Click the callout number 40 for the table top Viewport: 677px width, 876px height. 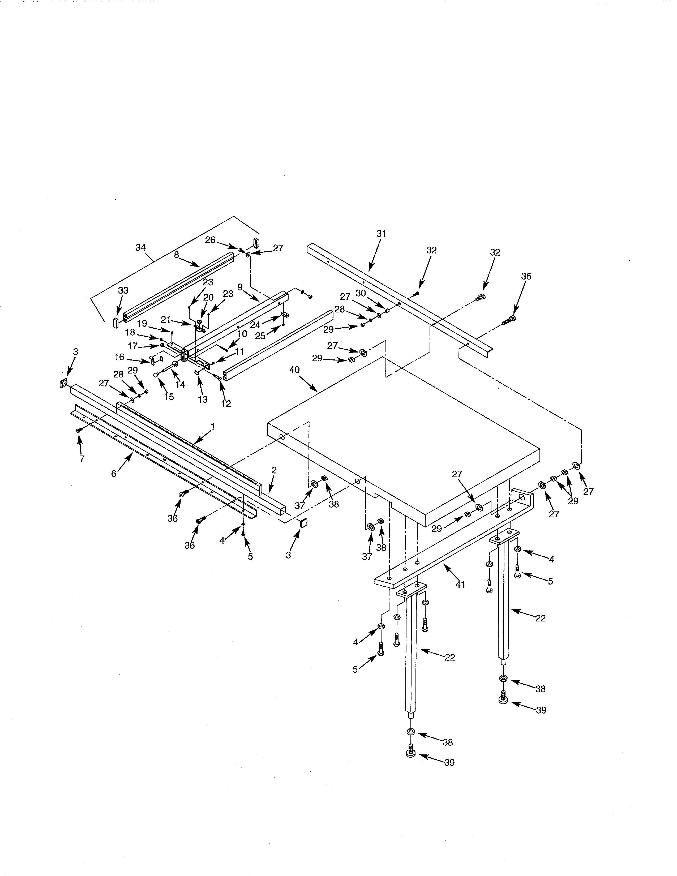[x=294, y=370]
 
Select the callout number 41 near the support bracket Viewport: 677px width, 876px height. [x=460, y=585]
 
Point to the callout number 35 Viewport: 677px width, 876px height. [x=526, y=276]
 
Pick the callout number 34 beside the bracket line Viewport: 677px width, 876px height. [x=140, y=247]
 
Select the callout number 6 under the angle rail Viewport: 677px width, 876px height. [x=114, y=474]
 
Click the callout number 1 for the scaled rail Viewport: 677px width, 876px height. [x=213, y=426]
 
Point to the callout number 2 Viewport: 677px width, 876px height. [x=274, y=470]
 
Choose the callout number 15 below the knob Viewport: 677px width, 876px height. [x=169, y=397]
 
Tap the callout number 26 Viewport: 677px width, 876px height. [x=210, y=240]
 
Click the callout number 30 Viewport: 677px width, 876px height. [x=361, y=293]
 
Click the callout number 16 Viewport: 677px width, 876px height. [x=119, y=357]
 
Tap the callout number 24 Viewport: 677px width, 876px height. [x=255, y=325]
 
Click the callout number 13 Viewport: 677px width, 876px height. [x=203, y=399]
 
